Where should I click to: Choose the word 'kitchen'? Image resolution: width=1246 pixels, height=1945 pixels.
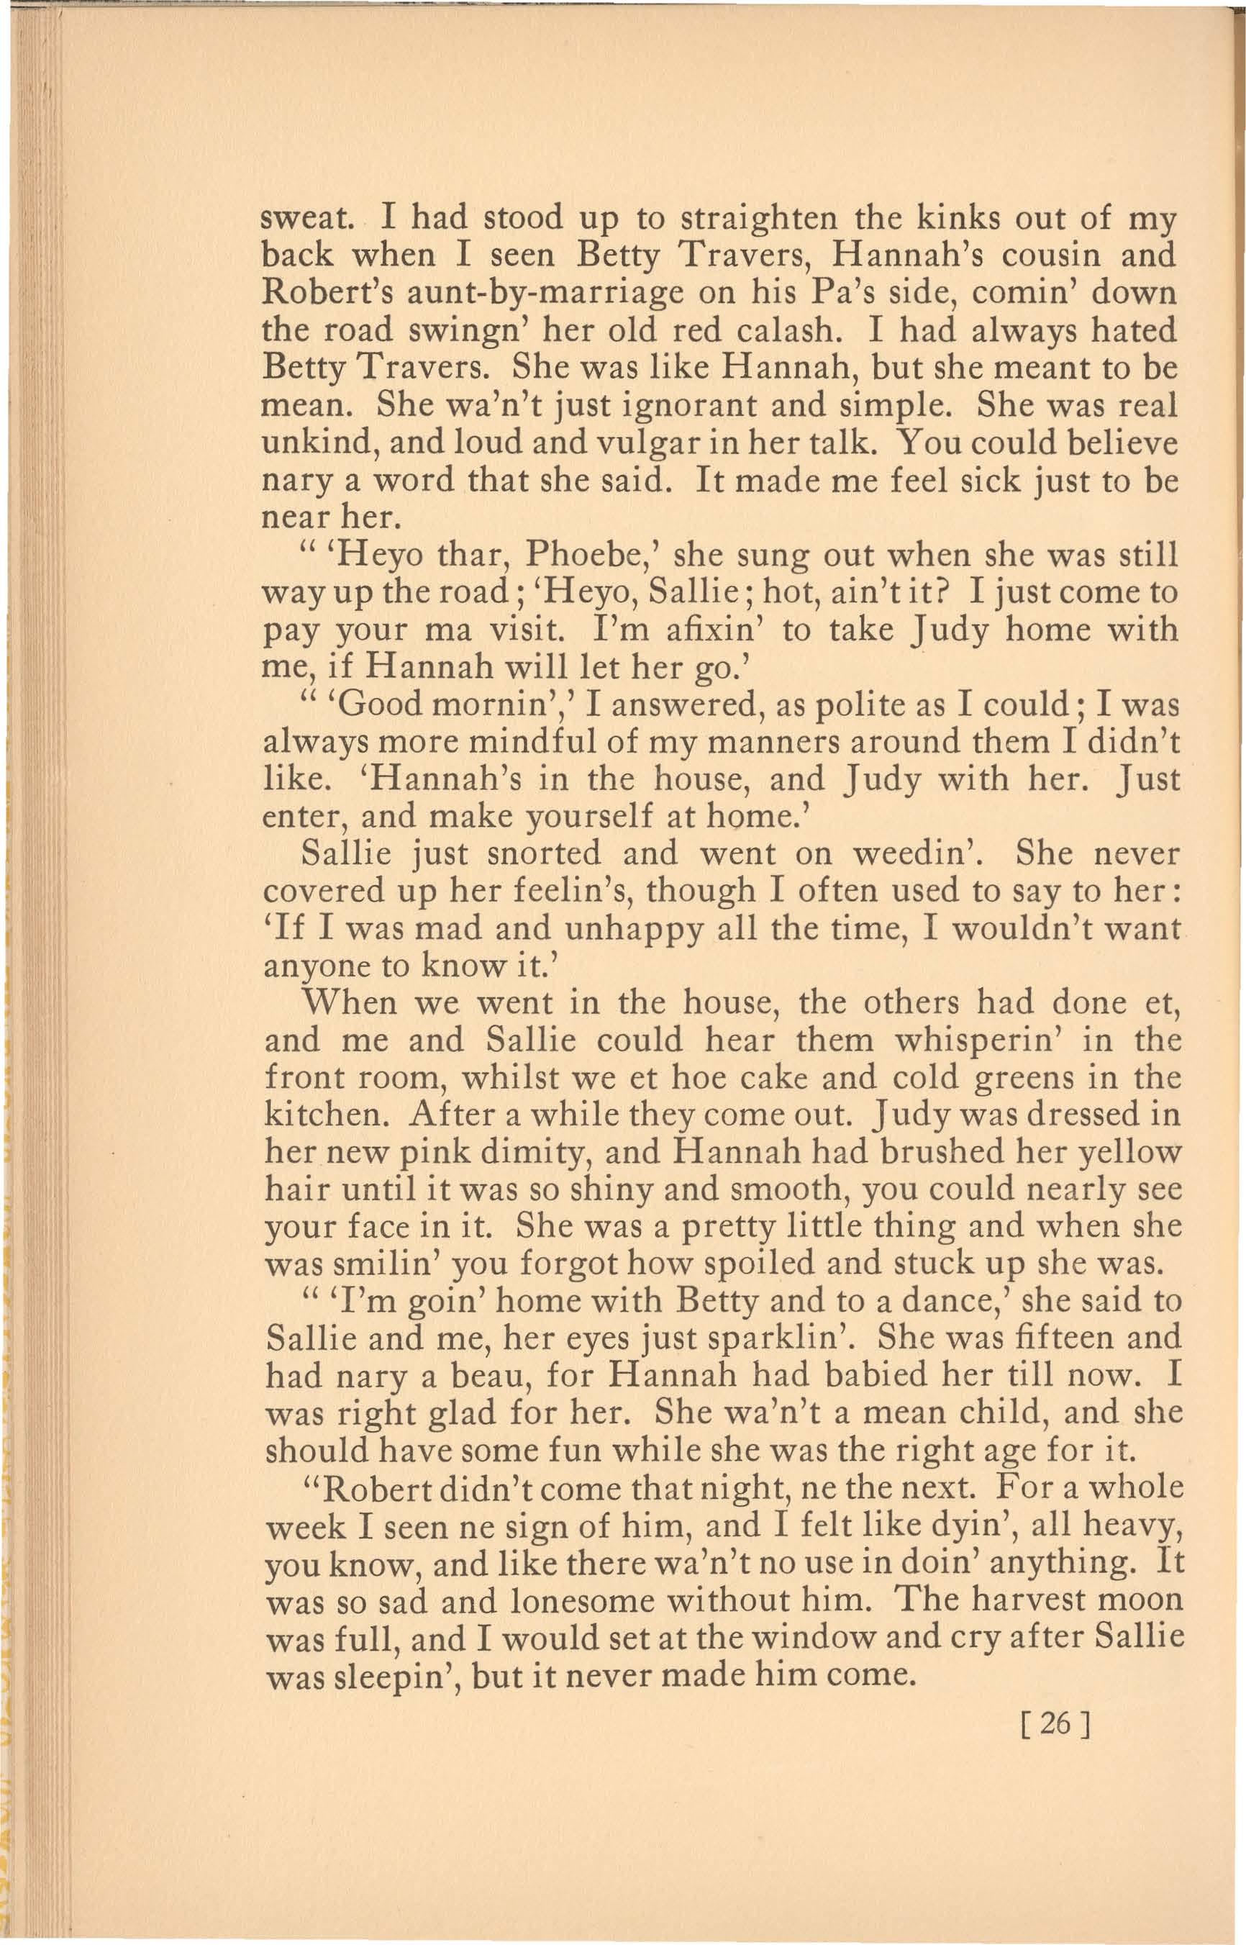327,1115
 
